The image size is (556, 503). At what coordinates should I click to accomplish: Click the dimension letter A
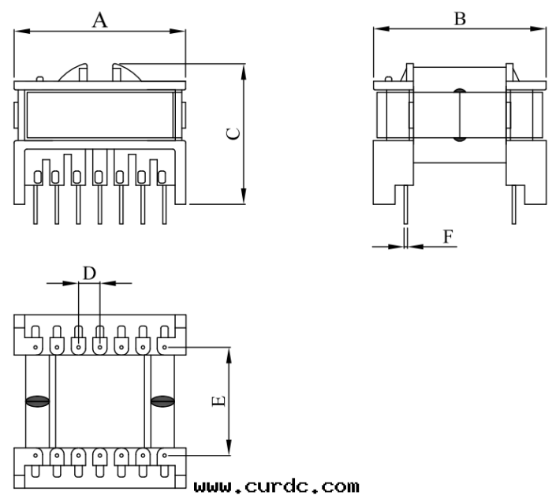click(x=100, y=20)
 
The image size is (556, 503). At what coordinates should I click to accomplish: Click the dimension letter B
click(x=460, y=18)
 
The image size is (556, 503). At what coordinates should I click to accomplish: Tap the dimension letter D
click(x=89, y=273)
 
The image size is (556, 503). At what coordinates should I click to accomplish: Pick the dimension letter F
click(x=448, y=237)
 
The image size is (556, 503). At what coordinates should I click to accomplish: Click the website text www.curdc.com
click(x=276, y=486)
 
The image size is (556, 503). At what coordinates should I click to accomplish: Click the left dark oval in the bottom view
click(x=37, y=401)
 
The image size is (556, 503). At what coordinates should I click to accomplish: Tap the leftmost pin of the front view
click(x=36, y=207)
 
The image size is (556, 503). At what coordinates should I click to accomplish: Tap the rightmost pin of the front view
click(x=164, y=207)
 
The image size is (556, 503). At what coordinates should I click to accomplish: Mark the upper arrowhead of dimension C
click(x=244, y=69)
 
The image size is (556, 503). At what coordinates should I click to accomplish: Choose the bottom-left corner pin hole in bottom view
click(x=36, y=455)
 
